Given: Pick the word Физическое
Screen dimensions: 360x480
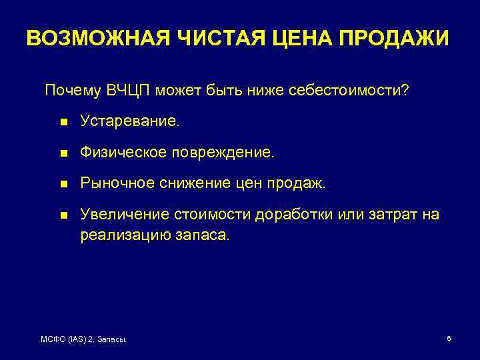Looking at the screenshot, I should [123, 153].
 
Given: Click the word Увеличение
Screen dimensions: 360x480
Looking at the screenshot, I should [124, 214].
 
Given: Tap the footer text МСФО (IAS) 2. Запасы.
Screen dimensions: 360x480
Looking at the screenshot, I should [85, 340].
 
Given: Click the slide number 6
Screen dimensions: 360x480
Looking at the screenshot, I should [449, 339].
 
